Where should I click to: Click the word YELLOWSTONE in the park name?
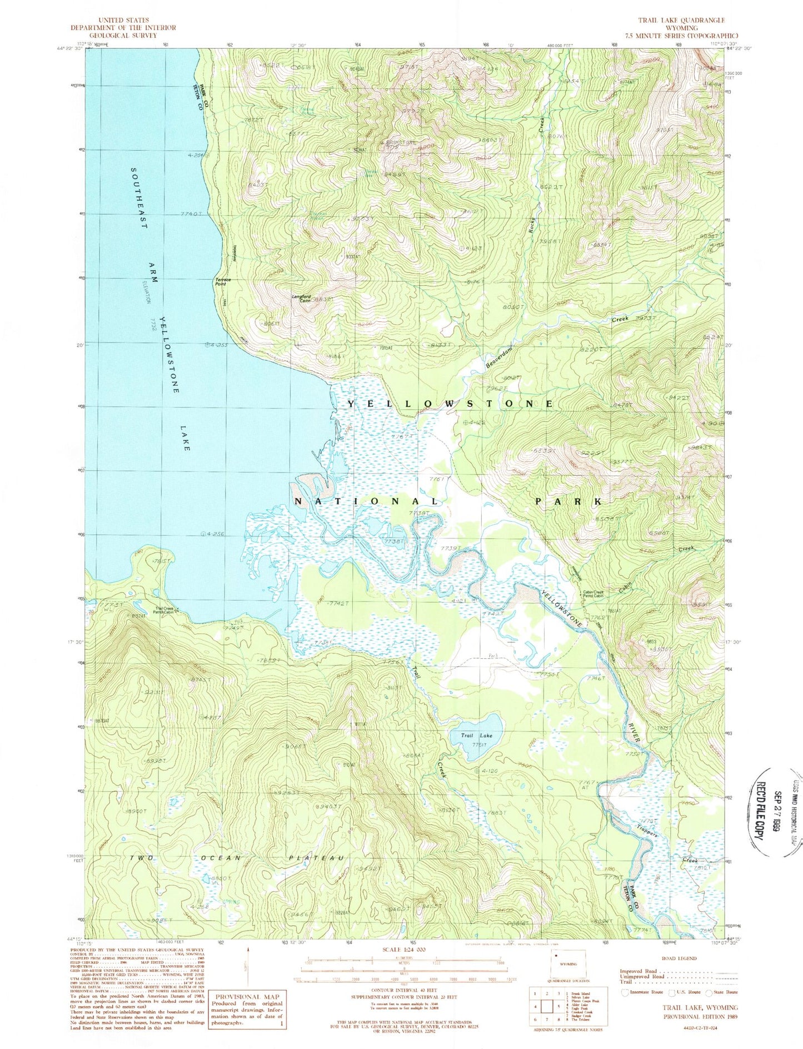pos(450,404)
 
